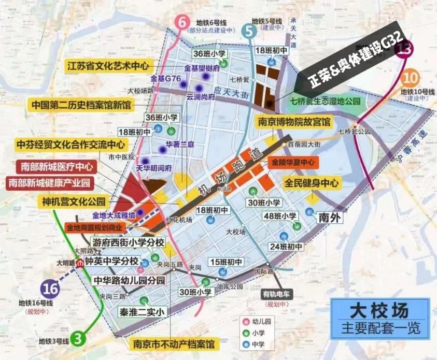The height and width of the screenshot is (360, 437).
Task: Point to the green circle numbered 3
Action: [x=78, y=339]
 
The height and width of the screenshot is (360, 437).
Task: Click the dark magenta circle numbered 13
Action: [x=404, y=50]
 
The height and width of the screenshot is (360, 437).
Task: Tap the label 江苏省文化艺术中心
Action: [x=108, y=66]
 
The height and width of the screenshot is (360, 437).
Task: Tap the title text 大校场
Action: [x=378, y=311]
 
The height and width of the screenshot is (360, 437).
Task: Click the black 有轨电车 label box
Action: [x=274, y=294]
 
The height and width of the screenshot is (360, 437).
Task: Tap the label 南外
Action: [x=330, y=218]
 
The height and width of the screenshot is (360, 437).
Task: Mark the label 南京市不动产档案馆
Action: [x=174, y=344]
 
